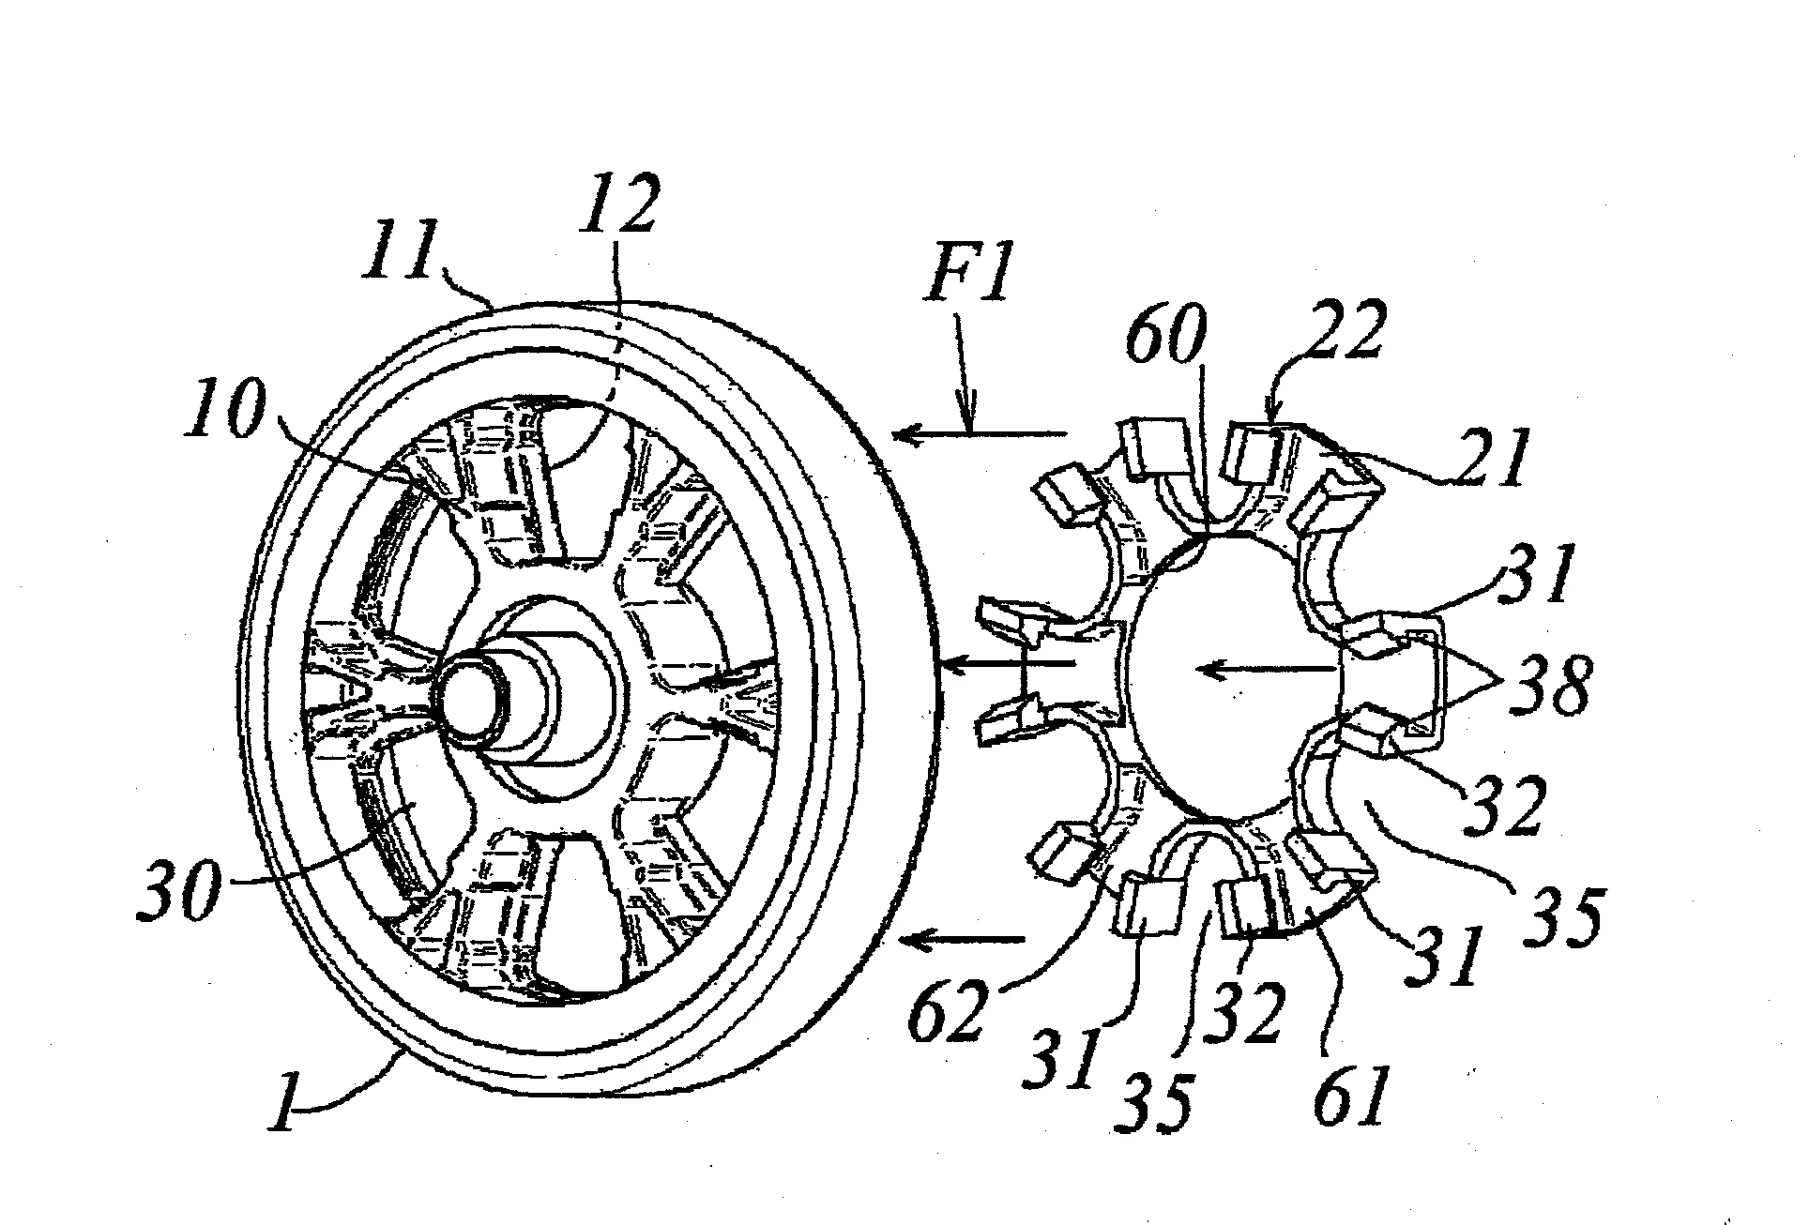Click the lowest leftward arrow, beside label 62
tap(961, 937)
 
